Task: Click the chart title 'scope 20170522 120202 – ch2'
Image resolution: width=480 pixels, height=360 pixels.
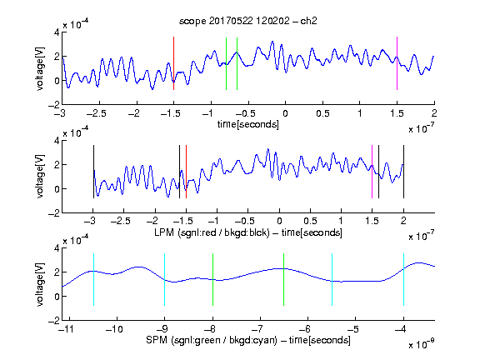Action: (x=248, y=21)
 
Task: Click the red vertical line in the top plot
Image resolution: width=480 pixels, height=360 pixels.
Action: (x=173, y=63)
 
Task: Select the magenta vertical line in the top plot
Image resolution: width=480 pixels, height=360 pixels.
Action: (x=397, y=63)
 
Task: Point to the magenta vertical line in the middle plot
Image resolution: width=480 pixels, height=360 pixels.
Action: (x=372, y=172)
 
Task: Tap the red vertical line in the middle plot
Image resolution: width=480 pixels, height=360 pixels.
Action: (x=186, y=172)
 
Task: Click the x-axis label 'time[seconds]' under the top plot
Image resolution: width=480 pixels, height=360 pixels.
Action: (x=248, y=124)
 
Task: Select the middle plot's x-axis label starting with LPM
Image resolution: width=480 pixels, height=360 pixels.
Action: (x=248, y=232)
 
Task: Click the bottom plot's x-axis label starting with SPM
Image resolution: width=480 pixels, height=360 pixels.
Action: (x=248, y=340)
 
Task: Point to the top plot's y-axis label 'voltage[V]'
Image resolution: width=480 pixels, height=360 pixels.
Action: (x=39, y=68)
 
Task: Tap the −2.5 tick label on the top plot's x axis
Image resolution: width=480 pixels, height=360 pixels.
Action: (x=96, y=113)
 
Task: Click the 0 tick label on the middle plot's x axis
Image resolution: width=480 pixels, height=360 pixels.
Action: (x=279, y=221)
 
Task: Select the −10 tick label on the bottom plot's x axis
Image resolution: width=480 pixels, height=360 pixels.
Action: (x=114, y=329)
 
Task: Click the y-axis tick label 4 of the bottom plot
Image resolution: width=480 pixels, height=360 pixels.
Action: (x=57, y=248)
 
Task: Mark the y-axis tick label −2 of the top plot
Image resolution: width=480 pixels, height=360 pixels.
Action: (x=54, y=104)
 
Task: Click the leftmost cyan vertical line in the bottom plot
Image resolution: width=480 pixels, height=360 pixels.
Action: (x=93, y=279)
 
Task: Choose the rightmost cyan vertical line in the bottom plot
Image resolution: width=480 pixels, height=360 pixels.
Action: (x=403, y=279)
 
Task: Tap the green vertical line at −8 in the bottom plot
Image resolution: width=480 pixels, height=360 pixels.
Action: (x=212, y=279)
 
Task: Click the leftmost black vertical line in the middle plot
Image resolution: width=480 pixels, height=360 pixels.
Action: (x=93, y=172)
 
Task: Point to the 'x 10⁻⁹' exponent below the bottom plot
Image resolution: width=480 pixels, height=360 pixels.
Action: (x=422, y=345)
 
